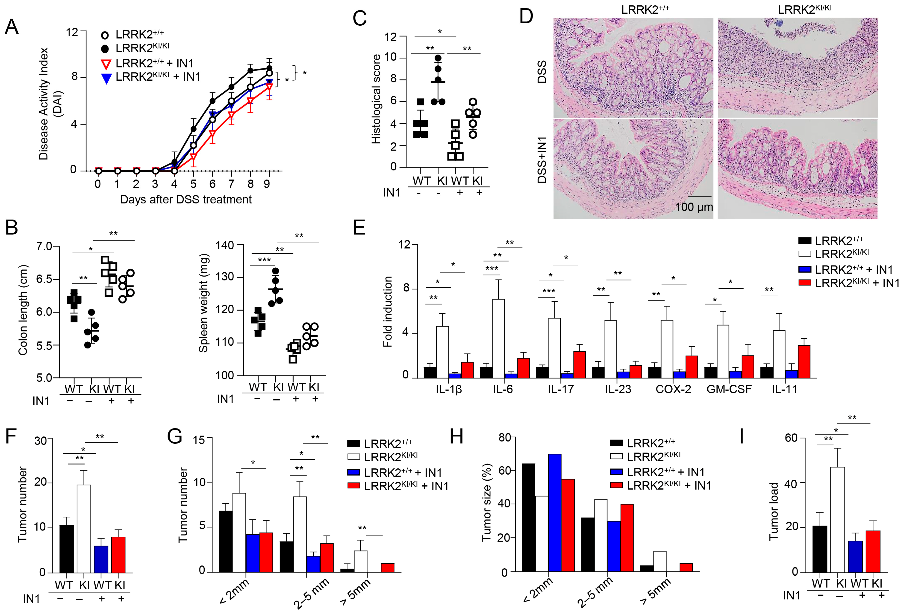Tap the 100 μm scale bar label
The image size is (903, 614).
pyautogui.click(x=694, y=207)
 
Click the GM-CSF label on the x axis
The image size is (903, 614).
pyautogui.click(x=729, y=389)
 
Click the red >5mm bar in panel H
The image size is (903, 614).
pyautogui.click(x=686, y=567)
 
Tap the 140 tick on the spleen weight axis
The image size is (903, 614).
pyautogui.click(x=225, y=245)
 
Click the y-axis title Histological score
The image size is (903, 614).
pyautogui.click(x=376, y=99)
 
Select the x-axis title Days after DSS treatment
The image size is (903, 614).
pyautogui.click(x=186, y=199)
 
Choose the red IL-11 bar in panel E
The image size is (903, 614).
pyautogui.click(x=804, y=362)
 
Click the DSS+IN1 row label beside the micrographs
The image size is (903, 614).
pyautogui.click(x=542, y=160)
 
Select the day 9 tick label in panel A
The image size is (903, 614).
pyautogui.click(x=267, y=184)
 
